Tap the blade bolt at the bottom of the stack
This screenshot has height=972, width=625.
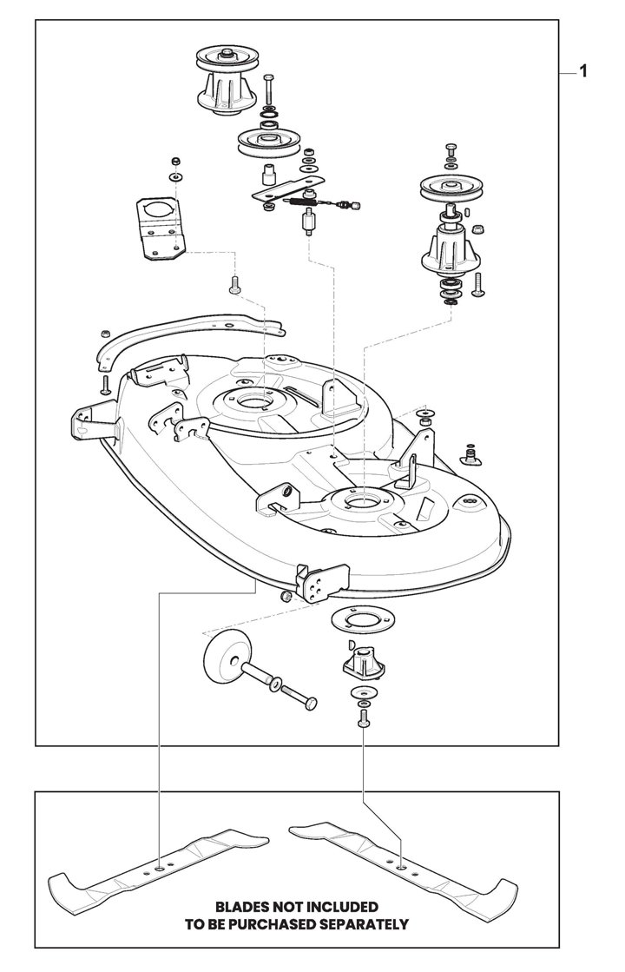tap(362, 718)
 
